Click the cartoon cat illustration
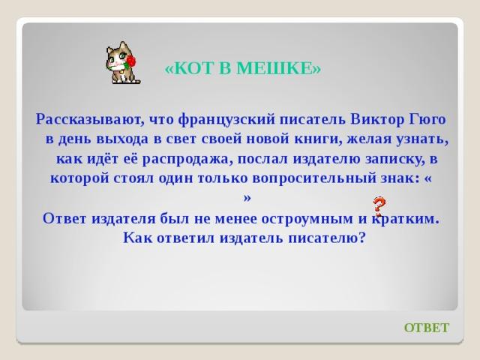coord(123,63)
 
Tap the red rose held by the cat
coord(130,61)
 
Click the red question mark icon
coord(379,206)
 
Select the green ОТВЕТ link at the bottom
coord(427,328)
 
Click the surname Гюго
coord(427,119)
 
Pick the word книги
coord(318,139)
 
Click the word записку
coord(395,159)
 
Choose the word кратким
coord(406,218)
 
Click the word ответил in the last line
coord(186,238)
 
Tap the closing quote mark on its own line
coord(247,198)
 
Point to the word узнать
coord(422,139)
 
